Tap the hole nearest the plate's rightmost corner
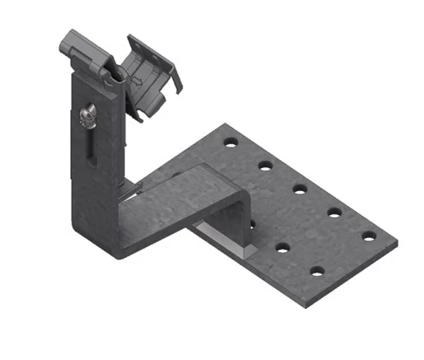click(x=369, y=236)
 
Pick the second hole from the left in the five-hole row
click(x=265, y=165)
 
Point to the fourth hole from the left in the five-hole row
click(x=334, y=212)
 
